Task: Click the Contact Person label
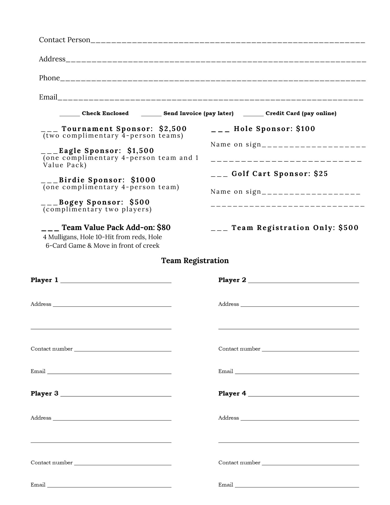(x=64, y=40)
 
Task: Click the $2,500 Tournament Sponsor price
(x=173, y=129)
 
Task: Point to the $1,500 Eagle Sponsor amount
(x=141, y=151)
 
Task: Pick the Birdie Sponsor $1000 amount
(x=143, y=180)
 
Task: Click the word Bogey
(x=71, y=202)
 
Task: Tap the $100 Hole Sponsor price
(x=306, y=129)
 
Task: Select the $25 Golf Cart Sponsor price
(x=321, y=174)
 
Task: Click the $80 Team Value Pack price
(x=164, y=228)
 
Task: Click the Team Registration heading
(x=195, y=261)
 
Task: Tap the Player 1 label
(x=44, y=280)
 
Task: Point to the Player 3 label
(x=44, y=393)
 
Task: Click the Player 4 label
(x=232, y=393)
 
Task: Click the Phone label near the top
(x=49, y=78)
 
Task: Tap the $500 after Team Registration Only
(x=348, y=228)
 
